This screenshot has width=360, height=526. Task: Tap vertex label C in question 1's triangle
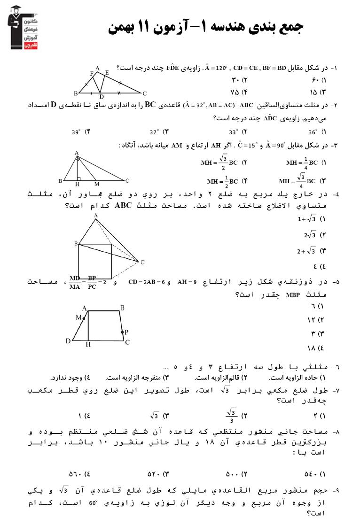click(145, 93)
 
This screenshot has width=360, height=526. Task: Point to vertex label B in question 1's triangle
click(76, 93)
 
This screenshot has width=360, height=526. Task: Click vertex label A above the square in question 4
click(96, 215)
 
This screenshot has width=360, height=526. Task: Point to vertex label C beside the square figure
click(142, 262)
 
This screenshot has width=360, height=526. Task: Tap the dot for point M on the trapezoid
click(84, 318)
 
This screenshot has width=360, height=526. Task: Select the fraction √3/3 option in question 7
click(231, 416)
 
